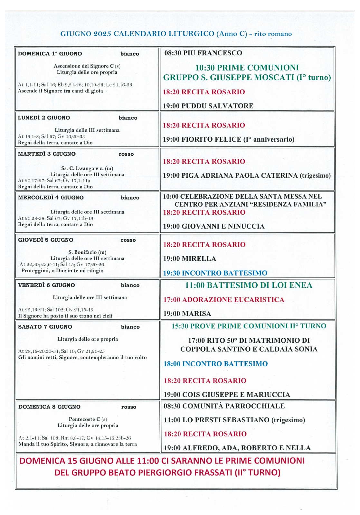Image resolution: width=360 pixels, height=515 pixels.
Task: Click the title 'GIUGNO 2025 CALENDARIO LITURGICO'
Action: coord(137,34)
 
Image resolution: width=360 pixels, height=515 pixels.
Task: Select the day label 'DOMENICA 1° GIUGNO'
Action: coord(50,54)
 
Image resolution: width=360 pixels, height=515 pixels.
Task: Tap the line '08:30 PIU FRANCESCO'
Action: coord(203,53)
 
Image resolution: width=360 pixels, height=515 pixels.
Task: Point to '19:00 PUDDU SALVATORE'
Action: coord(208,106)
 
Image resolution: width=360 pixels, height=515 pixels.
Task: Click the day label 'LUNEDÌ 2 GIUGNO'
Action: coord(44,118)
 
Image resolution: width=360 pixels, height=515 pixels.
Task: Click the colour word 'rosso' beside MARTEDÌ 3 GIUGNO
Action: coord(126,154)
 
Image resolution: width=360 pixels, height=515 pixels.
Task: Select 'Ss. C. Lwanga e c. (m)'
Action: coord(87,168)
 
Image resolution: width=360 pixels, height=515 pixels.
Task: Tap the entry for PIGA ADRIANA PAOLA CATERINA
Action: coord(247,176)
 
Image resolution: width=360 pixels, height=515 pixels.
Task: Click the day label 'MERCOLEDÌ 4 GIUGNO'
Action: coord(51,198)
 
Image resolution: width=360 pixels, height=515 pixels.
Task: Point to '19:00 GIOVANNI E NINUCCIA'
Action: coord(214,227)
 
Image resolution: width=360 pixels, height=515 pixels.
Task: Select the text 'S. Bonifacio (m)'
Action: coord(87,252)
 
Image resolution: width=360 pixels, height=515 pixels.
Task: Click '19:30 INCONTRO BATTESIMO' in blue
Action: coord(215,273)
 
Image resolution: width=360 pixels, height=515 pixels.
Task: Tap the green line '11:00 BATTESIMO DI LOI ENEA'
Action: coord(248,286)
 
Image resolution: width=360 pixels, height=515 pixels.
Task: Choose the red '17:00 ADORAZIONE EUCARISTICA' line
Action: coord(224,300)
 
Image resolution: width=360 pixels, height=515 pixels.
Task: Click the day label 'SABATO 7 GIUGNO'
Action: coord(45,327)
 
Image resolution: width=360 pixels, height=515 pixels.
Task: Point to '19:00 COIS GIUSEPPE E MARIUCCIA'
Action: coord(227,395)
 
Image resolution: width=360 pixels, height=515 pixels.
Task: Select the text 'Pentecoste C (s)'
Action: coord(88,419)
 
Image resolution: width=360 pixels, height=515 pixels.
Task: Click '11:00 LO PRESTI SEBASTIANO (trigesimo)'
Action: coord(234,420)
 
